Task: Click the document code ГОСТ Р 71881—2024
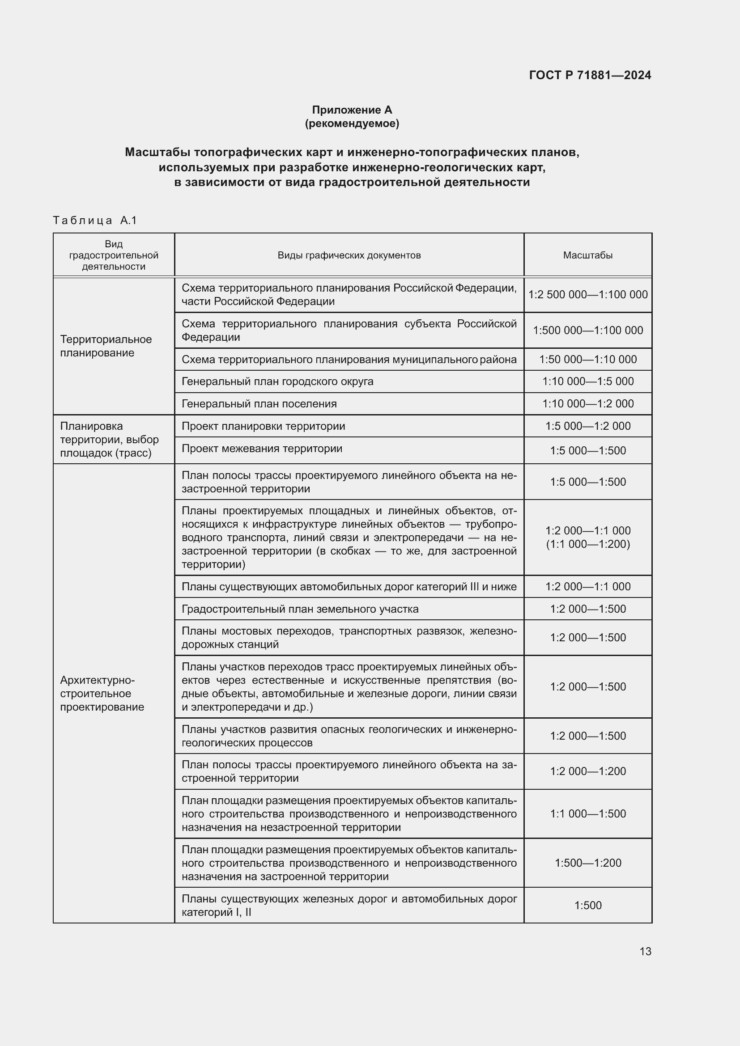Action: point(590,75)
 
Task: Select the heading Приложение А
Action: point(352,110)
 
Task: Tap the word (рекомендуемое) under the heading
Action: point(352,123)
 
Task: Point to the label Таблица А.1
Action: point(95,220)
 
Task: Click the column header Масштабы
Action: point(587,255)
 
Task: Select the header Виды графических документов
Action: point(349,255)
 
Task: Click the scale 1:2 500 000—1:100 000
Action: point(587,295)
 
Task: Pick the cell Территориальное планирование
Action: point(106,346)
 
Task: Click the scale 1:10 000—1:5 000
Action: point(587,381)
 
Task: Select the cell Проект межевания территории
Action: point(262,448)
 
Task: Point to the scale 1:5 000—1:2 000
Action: point(587,426)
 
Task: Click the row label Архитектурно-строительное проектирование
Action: point(102,694)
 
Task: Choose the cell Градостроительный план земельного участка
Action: point(300,609)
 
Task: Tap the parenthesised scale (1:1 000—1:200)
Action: point(587,544)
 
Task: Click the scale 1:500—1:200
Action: point(587,862)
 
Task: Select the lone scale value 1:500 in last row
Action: point(587,905)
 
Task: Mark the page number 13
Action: point(645,951)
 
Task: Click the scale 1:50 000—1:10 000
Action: point(587,360)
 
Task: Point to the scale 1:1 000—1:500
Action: point(587,813)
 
